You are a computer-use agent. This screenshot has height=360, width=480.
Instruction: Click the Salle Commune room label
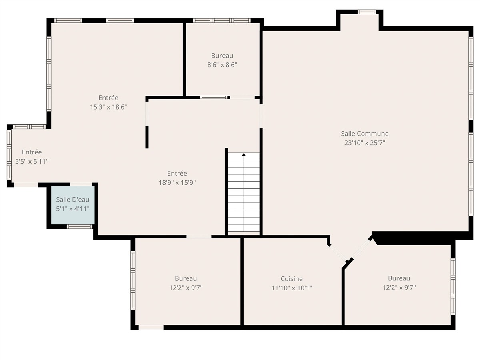click(364, 134)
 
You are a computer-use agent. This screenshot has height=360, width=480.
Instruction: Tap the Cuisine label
click(292, 279)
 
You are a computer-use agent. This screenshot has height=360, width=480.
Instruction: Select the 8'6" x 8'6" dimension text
click(222, 65)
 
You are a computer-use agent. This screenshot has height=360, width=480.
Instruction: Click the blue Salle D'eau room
click(73, 205)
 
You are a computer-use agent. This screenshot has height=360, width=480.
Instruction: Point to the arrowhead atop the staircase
click(244, 154)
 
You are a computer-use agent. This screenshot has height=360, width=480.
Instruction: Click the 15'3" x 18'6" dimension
click(108, 107)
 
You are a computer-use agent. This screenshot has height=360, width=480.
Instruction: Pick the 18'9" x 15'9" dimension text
click(177, 182)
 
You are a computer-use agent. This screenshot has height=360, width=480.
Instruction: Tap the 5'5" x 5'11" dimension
click(32, 162)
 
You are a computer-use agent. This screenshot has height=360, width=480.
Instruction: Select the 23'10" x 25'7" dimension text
click(364, 143)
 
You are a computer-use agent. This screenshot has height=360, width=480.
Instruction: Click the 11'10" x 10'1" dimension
click(292, 288)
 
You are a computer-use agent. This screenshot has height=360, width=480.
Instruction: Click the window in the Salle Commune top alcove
click(367, 12)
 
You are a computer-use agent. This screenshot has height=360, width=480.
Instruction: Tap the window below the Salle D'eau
click(80, 227)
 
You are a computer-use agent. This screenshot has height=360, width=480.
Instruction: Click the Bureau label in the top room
click(222, 56)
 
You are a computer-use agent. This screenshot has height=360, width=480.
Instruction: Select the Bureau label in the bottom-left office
click(186, 278)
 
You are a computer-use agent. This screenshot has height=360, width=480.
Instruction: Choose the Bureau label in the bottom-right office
click(399, 278)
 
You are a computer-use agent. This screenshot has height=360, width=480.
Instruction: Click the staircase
click(244, 192)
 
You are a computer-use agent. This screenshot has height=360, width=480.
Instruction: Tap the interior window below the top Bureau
click(214, 98)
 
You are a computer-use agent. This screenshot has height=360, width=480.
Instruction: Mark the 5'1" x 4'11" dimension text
click(73, 209)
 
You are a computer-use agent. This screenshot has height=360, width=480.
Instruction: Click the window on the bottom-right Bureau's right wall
click(453, 287)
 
